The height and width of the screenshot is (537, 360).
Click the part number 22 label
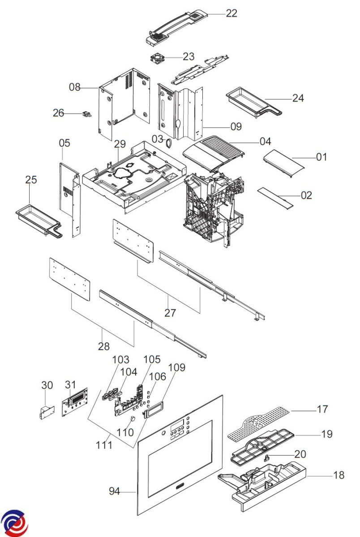231,13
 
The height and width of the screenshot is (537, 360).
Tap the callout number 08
75,87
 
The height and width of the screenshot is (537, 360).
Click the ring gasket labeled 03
169,143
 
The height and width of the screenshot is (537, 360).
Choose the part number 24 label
298,98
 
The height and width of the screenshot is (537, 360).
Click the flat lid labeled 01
284,164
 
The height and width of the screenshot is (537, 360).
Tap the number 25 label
31,179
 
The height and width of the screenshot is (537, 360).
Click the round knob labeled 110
133,418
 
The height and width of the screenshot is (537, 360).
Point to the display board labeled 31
75,402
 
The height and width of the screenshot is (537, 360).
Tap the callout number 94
115,491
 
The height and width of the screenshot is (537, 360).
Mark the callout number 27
170,313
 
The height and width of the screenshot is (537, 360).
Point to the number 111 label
104,445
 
